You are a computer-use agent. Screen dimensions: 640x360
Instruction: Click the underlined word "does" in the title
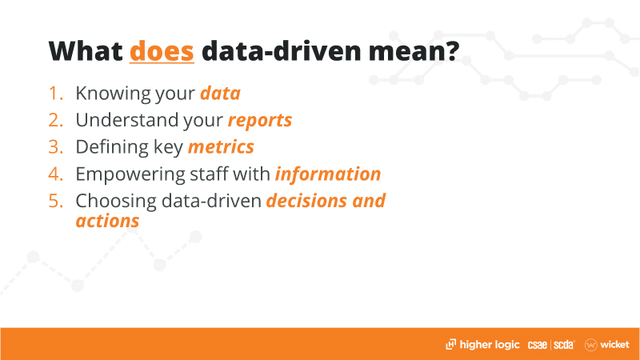point(162,51)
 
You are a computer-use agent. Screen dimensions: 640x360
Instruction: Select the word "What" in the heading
point(86,51)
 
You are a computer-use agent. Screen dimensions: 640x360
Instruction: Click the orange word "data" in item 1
point(221,93)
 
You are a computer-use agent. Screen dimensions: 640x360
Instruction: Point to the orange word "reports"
point(260,121)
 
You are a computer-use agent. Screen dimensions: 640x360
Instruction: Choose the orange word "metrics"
point(221,147)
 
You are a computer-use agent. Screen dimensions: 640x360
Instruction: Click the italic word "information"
point(328,174)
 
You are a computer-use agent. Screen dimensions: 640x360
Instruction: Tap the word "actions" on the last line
point(107,221)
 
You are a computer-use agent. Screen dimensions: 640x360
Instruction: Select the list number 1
point(56,93)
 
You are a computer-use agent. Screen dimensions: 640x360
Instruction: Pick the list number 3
point(56,147)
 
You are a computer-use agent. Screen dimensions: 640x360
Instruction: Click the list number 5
point(56,201)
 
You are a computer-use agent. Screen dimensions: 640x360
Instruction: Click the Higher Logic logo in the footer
point(482,345)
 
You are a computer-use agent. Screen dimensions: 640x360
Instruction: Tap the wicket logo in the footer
point(607,345)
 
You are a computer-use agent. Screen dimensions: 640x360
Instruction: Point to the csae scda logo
point(551,345)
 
